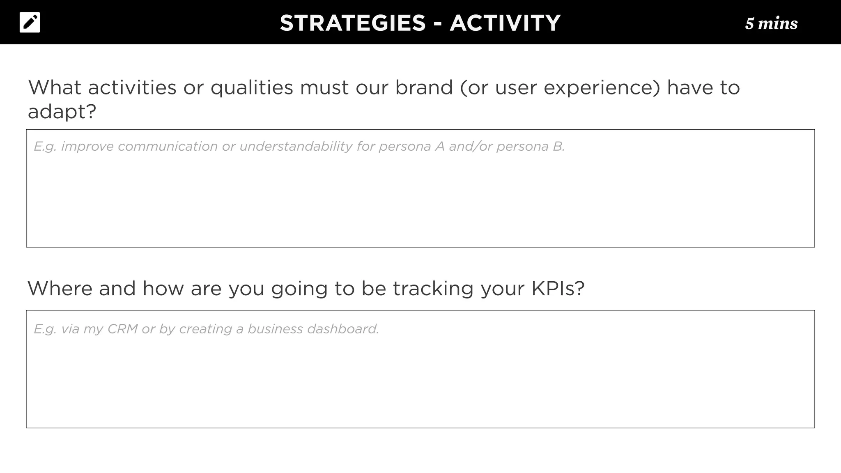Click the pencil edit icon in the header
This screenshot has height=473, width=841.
30,23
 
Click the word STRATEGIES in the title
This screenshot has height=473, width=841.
353,23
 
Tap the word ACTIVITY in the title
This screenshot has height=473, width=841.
505,23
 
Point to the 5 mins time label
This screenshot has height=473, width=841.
771,23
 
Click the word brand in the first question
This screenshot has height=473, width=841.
424,87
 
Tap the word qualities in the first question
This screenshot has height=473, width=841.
252,87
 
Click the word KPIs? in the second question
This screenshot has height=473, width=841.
558,288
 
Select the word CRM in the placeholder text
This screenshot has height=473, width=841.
122,329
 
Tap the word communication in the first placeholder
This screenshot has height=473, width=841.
168,147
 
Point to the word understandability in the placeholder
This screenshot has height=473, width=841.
296,147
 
